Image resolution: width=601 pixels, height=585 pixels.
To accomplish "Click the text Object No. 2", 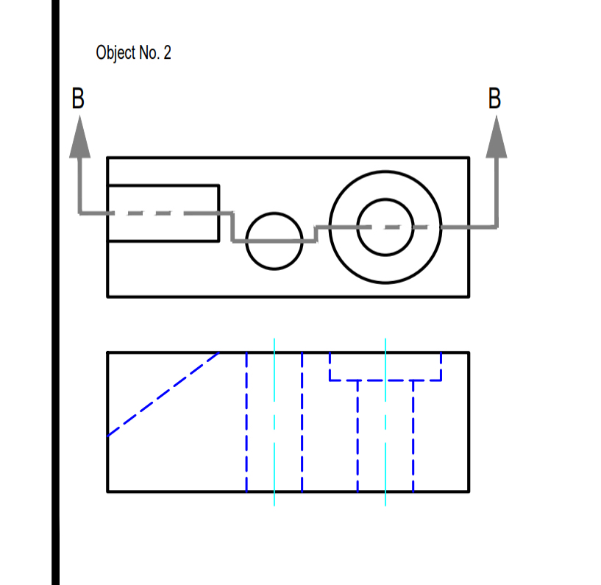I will (133, 53).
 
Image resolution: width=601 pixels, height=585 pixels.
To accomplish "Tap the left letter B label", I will (78, 99).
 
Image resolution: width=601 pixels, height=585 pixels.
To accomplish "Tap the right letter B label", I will (496, 99).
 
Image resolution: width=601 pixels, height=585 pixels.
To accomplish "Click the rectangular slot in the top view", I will (163, 199).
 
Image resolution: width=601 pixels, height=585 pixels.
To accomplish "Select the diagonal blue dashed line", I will (163, 394).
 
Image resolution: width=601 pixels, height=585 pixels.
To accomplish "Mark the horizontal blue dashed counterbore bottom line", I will (385, 380).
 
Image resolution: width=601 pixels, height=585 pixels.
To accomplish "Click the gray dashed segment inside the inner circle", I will (385, 227).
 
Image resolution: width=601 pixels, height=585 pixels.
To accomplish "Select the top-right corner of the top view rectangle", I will (469, 157).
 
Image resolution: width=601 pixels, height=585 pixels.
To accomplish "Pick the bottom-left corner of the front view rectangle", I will (108, 491).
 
